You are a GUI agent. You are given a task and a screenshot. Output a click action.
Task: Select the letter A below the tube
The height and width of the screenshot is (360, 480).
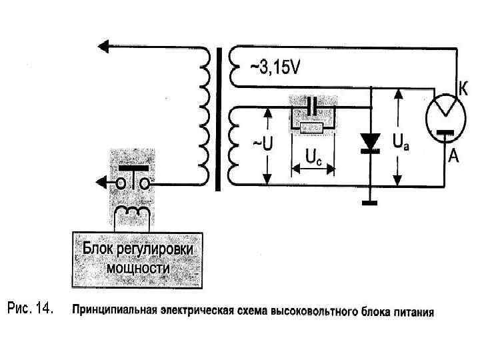coord(454,157)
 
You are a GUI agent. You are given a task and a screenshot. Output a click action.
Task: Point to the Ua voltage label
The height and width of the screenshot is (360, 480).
coord(402,142)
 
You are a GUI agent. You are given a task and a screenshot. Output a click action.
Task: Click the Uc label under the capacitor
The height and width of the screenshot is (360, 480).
coord(313,157)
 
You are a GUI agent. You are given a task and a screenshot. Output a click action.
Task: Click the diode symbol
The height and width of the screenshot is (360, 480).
coord(369,142)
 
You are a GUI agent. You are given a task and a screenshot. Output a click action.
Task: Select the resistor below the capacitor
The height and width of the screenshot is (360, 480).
coord(312,127)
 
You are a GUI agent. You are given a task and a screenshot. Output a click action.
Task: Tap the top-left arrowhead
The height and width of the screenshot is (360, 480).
coord(101,47)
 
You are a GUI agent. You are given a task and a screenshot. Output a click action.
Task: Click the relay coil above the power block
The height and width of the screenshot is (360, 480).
coord(133,213)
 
